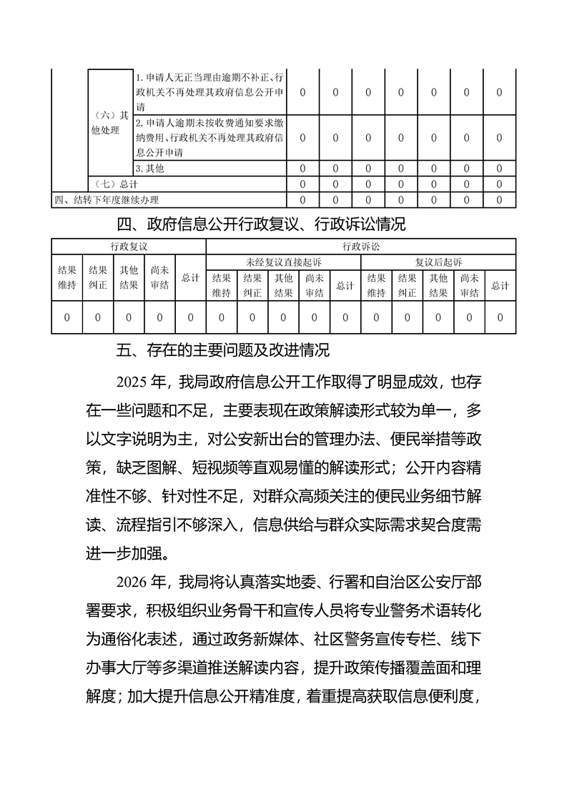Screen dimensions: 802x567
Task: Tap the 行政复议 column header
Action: pyautogui.click(x=129, y=247)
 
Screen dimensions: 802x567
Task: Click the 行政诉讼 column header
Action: pyautogui.click(x=361, y=247)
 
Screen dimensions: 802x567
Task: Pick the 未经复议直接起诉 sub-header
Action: pyautogui.click(x=283, y=263)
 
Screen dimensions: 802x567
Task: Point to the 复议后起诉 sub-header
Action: pyautogui.click(x=438, y=263)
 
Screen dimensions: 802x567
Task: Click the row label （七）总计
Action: pyautogui.click(x=112, y=184)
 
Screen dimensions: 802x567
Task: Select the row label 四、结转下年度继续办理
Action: pyautogui.click(x=107, y=199)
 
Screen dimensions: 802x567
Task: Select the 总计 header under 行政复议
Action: pyautogui.click(x=190, y=278)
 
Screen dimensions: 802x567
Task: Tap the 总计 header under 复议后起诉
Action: pyautogui.click(x=501, y=285)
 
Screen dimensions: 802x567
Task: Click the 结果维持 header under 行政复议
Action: pyautogui.click(x=67, y=278)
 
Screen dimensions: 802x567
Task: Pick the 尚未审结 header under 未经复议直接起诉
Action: pyautogui.click(x=315, y=285)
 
